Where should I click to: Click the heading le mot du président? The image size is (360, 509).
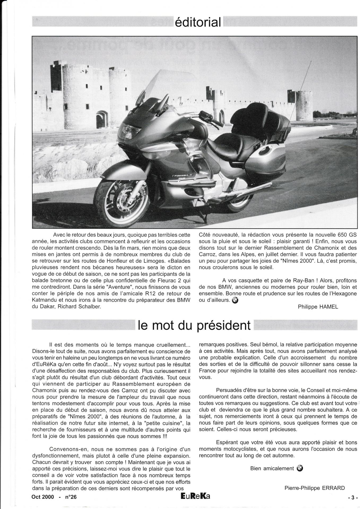pos(194,325)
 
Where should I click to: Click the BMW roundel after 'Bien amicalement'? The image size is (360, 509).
pos(300,468)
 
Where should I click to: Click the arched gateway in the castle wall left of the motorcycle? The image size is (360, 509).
pos(101,119)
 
